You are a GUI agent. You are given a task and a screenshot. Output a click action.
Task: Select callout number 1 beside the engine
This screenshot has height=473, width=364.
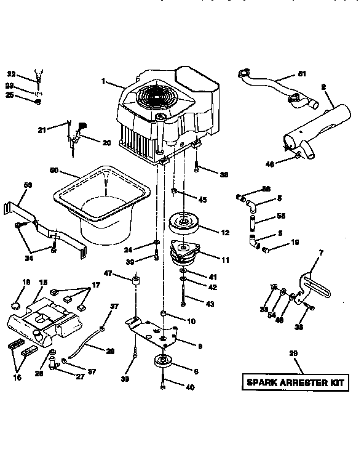[104, 80]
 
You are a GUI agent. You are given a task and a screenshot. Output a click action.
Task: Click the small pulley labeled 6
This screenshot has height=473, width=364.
[163, 362]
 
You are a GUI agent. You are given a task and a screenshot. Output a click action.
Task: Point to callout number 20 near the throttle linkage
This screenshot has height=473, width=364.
[106, 142]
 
